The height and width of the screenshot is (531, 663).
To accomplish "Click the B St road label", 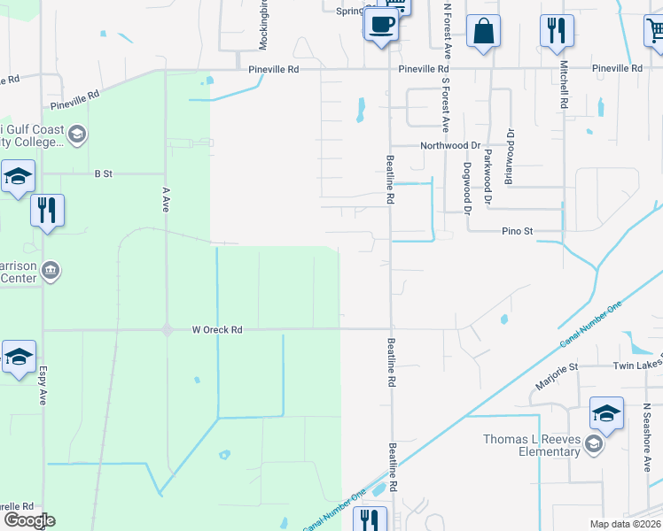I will (x=104, y=174).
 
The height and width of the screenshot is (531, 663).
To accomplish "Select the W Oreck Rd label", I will (x=217, y=330).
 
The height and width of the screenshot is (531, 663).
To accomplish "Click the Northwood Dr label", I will (x=449, y=145).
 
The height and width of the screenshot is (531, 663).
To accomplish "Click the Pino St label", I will (x=515, y=231).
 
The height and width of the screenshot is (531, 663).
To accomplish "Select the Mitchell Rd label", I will (x=562, y=84).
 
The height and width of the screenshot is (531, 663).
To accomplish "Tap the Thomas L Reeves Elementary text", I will (x=532, y=445).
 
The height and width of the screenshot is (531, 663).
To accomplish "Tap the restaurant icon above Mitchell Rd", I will (x=557, y=31).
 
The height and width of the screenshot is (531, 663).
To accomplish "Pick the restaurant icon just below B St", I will (x=47, y=211).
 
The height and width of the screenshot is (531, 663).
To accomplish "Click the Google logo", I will (x=28, y=520).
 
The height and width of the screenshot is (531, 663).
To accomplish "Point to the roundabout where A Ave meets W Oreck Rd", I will (x=167, y=330).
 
